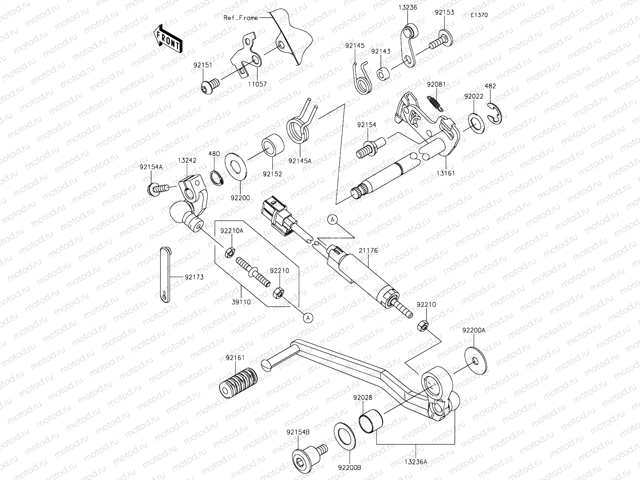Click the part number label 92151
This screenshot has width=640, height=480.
tap(203, 64)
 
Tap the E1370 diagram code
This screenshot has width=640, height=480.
tap(479, 15)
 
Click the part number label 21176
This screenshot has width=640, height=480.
tap(368, 250)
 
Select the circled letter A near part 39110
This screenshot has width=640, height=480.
tap(308, 318)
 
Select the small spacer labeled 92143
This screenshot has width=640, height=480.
tap(384, 74)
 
